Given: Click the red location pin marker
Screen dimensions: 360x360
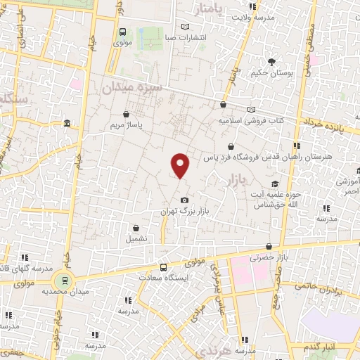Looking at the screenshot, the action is [x=181, y=166].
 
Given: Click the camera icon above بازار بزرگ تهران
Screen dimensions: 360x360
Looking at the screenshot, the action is [x=185, y=200].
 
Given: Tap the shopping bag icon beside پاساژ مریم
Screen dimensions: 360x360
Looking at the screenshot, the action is [x=126, y=114].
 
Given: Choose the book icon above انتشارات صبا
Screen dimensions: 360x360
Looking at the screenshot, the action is [x=186, y=27].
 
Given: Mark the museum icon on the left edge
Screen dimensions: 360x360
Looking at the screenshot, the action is [x=67, y=124].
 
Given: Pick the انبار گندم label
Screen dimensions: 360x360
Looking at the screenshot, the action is [x=321, y=347].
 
